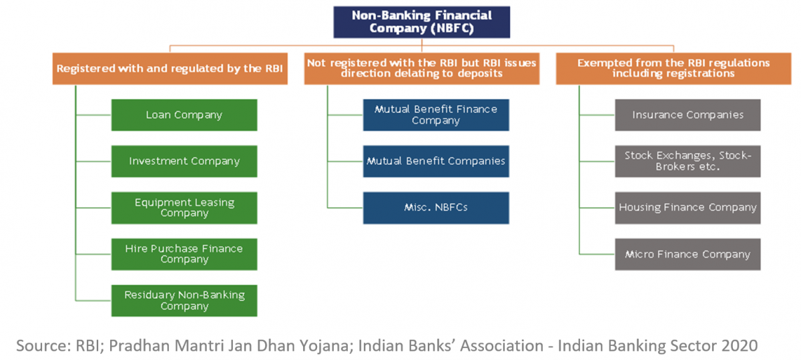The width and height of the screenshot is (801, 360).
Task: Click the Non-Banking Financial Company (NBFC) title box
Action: [x=422, y=22]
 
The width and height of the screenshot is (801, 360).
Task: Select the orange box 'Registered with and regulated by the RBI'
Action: [x=170, y=69]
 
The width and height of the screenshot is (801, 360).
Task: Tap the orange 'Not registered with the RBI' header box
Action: [x=422, y=69]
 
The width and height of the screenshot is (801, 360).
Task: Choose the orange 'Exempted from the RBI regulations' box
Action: [x=674, y=69]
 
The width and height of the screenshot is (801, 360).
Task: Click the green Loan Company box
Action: [x=184, y=115]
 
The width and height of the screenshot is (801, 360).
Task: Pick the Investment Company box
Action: [x=184, y=161]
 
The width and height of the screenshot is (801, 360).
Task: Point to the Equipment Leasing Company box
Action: [x=184, y=208]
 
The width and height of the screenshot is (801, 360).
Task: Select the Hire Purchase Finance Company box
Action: [x=184, y=254]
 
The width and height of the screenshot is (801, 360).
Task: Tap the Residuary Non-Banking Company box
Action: [x=184, y=301]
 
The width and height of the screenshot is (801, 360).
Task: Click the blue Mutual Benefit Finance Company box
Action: [x=436, y=115]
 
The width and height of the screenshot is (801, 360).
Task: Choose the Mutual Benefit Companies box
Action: [x=436, y=161]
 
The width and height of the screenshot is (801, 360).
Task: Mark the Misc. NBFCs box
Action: [x=436, y=208]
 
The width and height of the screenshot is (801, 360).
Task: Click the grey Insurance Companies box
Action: [x=688, y=115]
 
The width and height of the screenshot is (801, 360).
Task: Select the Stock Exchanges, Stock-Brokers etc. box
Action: [x=688, y=161]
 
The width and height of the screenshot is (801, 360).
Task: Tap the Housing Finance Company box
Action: [x=688, y=208]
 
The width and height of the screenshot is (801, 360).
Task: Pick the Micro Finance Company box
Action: [x=688, y=254]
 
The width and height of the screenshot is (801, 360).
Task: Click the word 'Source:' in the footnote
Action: [x=43, y=346]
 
